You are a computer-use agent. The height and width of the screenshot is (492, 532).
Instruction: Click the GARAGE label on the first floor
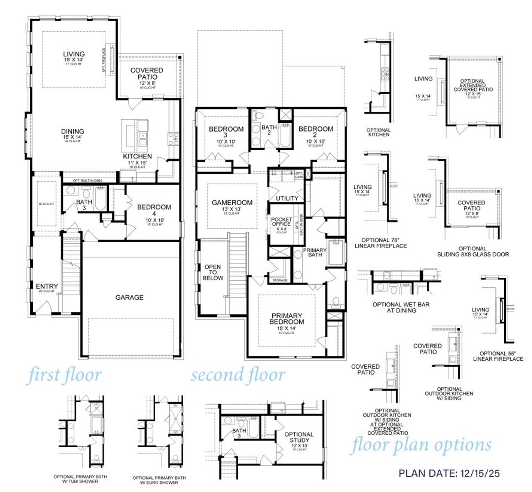(x=129, y=297)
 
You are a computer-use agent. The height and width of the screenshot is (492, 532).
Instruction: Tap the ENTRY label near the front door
(x=47, y=286)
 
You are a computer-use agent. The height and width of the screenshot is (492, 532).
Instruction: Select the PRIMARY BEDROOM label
(x=286, y=318)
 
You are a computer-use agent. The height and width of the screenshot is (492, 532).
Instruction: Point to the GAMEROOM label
(x=232, y=203)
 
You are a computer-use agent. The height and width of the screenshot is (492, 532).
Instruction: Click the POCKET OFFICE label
(x=281, y=222)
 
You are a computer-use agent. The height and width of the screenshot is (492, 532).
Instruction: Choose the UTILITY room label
(x=287, y=198)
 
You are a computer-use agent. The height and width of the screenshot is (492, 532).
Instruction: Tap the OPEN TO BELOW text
(x=213, y=272)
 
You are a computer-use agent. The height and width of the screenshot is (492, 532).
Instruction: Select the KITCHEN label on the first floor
(x=137, y=157)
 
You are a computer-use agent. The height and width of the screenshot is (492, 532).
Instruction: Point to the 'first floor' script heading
(x=64, y=375)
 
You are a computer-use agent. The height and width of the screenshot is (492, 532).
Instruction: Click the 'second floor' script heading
(x=238, y=375)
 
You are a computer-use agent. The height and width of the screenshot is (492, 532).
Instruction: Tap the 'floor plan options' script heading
(x=421, y=445)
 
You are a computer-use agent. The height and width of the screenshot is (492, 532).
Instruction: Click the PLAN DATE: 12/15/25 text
(x=449, y=473)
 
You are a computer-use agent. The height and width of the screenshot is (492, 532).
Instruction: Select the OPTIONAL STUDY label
(x=299, y=437)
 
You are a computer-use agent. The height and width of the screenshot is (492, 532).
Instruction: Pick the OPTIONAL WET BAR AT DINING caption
(x=401, y=307)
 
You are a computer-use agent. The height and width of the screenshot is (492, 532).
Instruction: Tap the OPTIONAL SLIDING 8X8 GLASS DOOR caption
(x=473, y=251)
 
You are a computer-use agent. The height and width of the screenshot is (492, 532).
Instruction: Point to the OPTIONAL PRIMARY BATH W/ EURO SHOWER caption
(x=159, y=480)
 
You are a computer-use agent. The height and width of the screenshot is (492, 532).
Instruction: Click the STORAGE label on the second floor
(x=280, y=280)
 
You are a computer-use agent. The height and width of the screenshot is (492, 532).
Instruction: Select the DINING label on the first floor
(x=73, y=132)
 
